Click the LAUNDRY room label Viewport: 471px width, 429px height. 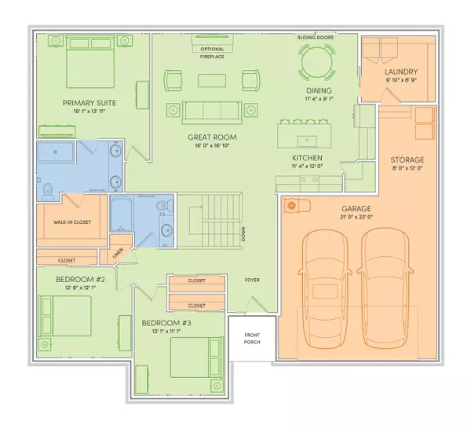pyautogui.click(x=400, y=71)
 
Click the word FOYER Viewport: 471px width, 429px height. pyautogui.click(x=252, y=280)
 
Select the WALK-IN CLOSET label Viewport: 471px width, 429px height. pyautogui.click(x=72, y=222)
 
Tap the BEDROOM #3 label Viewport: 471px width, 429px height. pyautogui.click(x=166, y=323)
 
